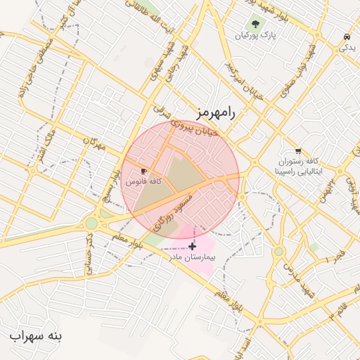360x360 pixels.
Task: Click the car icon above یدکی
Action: click(x=347, y=37)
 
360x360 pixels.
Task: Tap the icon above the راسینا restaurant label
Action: click(x=298, y=150)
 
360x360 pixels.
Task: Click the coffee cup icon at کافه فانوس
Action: click(x=143, y=171)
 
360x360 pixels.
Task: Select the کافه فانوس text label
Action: click(x=143, y=181)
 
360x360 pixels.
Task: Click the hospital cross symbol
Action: click(x=192, y=246)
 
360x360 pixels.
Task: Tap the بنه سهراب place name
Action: click(x=36, y=336)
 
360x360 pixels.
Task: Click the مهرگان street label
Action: click(x=93, y=143)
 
